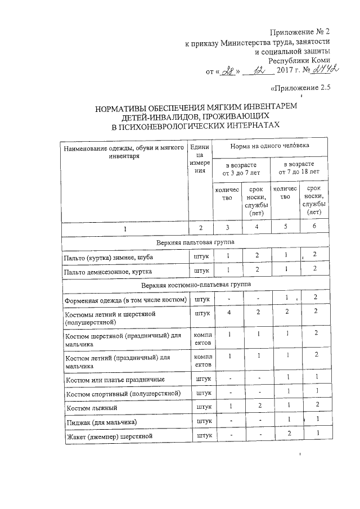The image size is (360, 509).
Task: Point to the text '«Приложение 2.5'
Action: click(x=300, y=88)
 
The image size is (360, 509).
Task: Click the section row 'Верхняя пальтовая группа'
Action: click(x=196, y=242)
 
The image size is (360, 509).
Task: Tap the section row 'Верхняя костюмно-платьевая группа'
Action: click(x=196, y=285)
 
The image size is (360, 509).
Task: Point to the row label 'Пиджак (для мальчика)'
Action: click(x=101, y=422)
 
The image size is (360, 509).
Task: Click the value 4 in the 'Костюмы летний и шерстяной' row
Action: click(x=228, y=311)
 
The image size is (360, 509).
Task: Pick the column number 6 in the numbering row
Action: click(x=316, y=227)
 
